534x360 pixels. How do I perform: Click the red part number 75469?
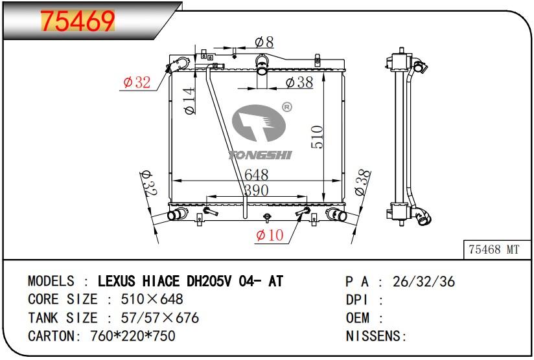pyautogui.click(x=77, y=21)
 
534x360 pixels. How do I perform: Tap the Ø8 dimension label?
pyautogui.click(x=264, y=42)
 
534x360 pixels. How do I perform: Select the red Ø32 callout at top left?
pyautogui.click(x=137, y=82)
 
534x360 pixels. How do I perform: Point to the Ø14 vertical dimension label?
pyautogui.click(x=189, y=101)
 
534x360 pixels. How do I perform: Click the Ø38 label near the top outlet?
pyautogui.click(x=299, y=82)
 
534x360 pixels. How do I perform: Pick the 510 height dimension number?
pyautogui.click(x=317, y=137)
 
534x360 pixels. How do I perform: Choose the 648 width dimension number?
pyautogui.click(x=257, y=175)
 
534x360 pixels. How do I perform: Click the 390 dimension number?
pyautogui.click(x=257, y=190)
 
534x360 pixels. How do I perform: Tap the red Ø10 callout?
pyautogui.click(x=270, y=235)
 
